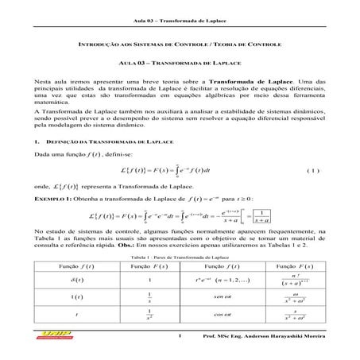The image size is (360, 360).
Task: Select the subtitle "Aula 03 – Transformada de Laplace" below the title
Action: point(180,66)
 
